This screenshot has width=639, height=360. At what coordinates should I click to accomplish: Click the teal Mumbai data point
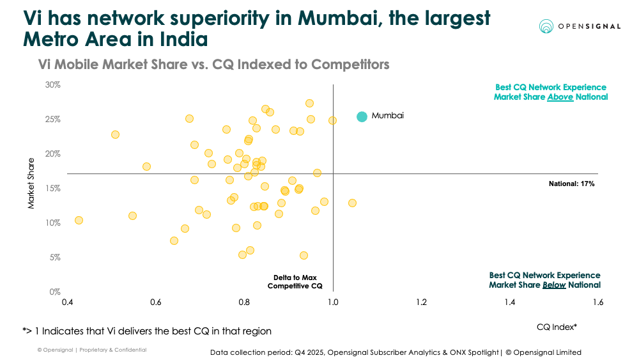coord(362,116)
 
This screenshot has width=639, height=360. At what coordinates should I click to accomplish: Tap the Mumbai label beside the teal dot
coord(388,116)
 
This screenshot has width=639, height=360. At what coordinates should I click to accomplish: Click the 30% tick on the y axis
coord(52,84)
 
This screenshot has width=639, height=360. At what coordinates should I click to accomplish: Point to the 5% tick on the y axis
coord(54,257)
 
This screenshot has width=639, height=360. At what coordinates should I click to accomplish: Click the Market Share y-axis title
coord(31,185)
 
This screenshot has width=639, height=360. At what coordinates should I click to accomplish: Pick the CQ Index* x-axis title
coord(557,327)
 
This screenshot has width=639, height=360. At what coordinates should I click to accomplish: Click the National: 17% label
coord(572,184)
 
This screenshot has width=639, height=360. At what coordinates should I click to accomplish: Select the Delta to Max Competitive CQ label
coord(295,281)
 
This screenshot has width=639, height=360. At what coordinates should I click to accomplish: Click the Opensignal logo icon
coord(546,26)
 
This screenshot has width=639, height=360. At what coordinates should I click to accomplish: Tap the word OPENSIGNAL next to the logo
coord(589,26)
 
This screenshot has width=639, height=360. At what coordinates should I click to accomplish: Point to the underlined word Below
coord(553,285)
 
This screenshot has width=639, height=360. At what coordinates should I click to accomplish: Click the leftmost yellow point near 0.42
coord(79,220)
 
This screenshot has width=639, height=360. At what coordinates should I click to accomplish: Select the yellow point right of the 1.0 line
coord(352,203)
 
